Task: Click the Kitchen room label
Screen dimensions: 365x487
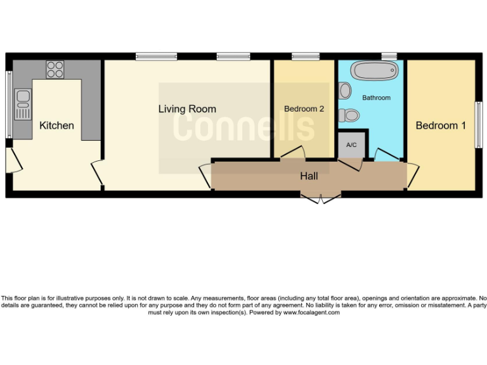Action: click(56, 125)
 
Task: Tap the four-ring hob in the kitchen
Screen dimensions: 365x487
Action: click(55, 68)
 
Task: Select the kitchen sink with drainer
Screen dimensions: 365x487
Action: click(23, 105)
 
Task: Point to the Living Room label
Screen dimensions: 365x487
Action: click(187, 109)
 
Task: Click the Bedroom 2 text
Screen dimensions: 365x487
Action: click(304, 109)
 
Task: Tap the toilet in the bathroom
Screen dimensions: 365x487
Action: click(348, 115)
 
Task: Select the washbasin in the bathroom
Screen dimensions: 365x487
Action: click(345, 91)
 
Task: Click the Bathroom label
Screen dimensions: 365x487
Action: click(376, 98)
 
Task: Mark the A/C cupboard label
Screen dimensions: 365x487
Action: click(351, 145)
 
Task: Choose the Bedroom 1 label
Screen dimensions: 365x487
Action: click(441, 125)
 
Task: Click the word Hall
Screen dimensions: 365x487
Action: click(309, 176)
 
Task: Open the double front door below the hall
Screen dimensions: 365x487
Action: click(321, 198)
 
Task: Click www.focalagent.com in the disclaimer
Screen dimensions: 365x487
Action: click(311, 312)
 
